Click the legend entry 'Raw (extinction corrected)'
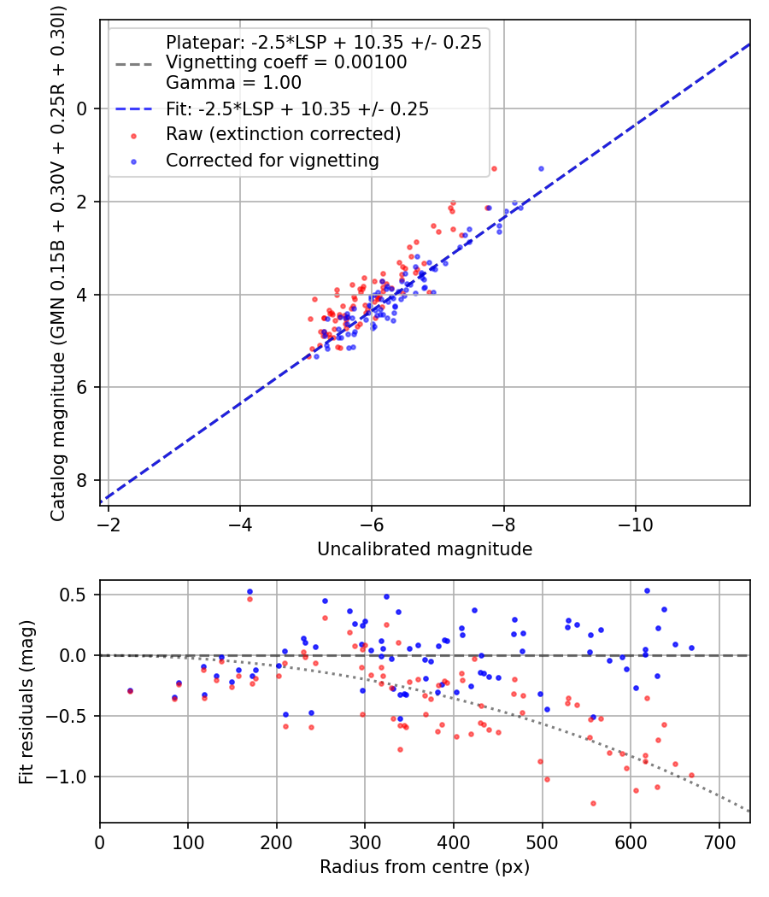click(x=283, y=134)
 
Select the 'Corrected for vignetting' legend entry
click(x=273, y=160)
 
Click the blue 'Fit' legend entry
click(x=297, y=108)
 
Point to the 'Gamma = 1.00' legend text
click(x=233, y=83)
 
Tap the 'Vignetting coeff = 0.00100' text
click(x=286, y=62)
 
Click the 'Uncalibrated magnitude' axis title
click(x=425, y=549)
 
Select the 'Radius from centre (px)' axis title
click(x=425, y=867)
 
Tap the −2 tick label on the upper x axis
click(x=109, y=525)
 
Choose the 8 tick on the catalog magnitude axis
click(x=83, y=480)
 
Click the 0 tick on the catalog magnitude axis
click(x=83, y=108)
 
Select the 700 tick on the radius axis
click(x=719, y=842)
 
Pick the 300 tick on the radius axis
click(x=365, y=842)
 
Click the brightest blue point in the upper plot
click(x=541, y=168)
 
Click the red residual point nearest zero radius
click(x=130, y=691)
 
